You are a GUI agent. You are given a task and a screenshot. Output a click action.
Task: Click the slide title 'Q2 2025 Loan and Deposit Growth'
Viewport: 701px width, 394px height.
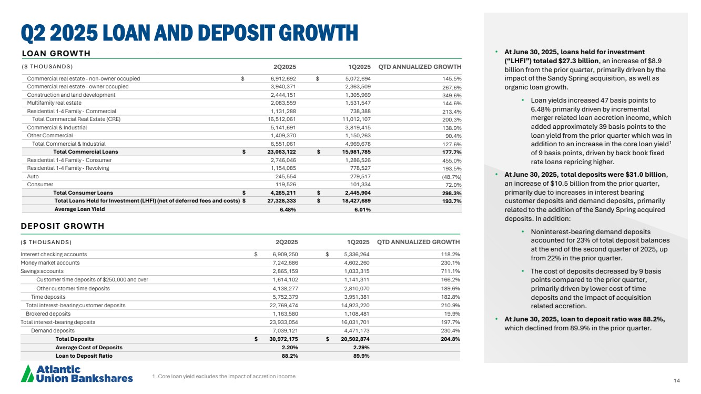coord(189,33)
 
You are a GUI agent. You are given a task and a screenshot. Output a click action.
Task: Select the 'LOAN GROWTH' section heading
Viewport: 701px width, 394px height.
coord(56,53)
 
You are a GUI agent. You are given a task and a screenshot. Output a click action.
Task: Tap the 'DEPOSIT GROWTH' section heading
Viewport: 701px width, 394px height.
coord(63,226)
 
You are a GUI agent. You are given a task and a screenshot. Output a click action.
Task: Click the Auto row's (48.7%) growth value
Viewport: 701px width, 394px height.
coord(451,177)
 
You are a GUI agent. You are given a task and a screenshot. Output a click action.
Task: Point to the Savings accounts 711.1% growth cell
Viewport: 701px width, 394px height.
coord(450,271)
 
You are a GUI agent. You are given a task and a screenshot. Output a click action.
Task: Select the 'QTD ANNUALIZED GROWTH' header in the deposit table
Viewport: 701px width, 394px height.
coord(419,242)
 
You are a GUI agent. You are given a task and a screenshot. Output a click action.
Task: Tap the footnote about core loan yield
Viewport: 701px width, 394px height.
coord(223,376)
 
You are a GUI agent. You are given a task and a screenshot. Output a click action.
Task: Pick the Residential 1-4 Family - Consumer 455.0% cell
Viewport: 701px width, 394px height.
coord(451,160)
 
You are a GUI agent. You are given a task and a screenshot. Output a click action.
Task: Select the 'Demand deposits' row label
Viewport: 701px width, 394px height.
coord(53,330)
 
